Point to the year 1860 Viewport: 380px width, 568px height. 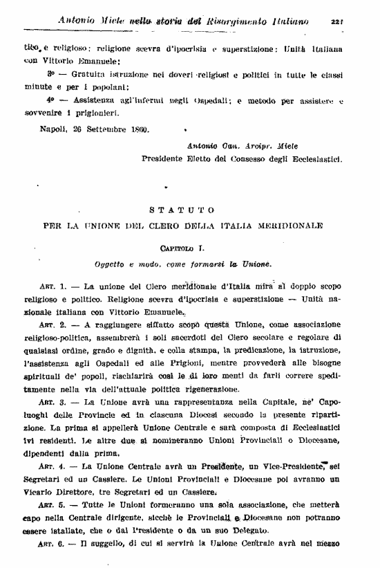(140, 129)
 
